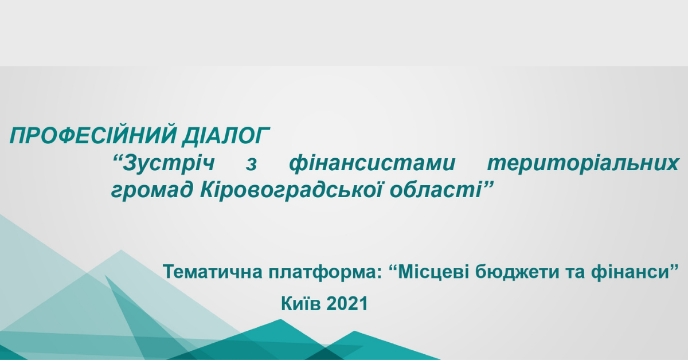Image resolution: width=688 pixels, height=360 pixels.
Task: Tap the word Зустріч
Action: point(169,163)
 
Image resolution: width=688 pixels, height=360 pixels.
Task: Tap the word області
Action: point(435,190)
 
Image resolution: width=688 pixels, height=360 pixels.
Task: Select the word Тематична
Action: point(213,272)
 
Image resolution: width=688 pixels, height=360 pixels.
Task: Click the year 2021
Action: point(347,304)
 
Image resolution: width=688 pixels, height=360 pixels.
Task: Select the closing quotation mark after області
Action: point(488,185)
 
